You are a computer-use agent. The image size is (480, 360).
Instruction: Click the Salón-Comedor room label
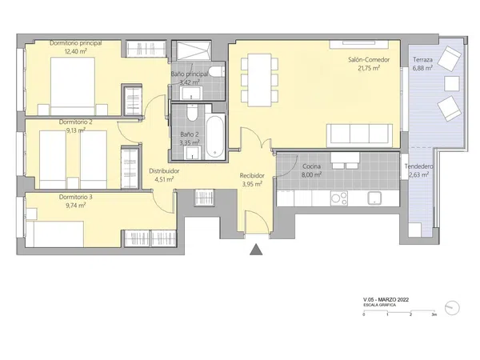pyautogui.click(x=369, y=60)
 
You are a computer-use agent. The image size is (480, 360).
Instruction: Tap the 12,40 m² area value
pyautogui.click(x=75, y=51)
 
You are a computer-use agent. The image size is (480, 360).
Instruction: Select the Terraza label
pyautogui.click(x=422, y=60)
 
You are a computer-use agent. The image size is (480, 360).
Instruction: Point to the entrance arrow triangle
pyautogui.click(x=256, y=249)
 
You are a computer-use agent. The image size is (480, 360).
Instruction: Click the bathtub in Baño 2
pyautogui.click(x=214, y=136)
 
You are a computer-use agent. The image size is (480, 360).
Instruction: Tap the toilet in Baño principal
pyautogui.click(x=217, y=71)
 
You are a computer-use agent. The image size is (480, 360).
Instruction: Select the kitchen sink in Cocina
pyautogui.click(x=374, y=198)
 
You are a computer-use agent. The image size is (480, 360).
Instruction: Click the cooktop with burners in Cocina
pyautogui.click(x=339, y=198)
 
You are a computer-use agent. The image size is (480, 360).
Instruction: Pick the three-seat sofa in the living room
pyautogui.click(x=359, y=135)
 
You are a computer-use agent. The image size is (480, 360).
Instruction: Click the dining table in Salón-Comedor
pyautogui.click(x=259, y=80)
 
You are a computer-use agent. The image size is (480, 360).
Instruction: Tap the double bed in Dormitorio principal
pyautogui.click(x=73, y=86)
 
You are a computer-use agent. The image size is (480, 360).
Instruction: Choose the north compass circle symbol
pyautogui.click(x=452, y=307)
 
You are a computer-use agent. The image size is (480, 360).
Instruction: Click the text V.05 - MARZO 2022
pyautogui.click(x=386, y=300)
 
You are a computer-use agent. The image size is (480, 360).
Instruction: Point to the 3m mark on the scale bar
pyautogui.click(x=434, y=314)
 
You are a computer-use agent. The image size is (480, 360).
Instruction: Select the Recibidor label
pyautogui.click(x=252, y=176)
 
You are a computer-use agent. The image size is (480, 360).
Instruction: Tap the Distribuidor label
pyautogui.click(x=164, y=171)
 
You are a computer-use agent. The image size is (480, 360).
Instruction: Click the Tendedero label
pyautogui.click(x=418, y=166)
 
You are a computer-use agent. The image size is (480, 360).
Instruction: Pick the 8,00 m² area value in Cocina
pyautogui.click(x=312, y=174)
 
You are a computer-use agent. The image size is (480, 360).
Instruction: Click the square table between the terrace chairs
pyautogui.click(x=452, y=83)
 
